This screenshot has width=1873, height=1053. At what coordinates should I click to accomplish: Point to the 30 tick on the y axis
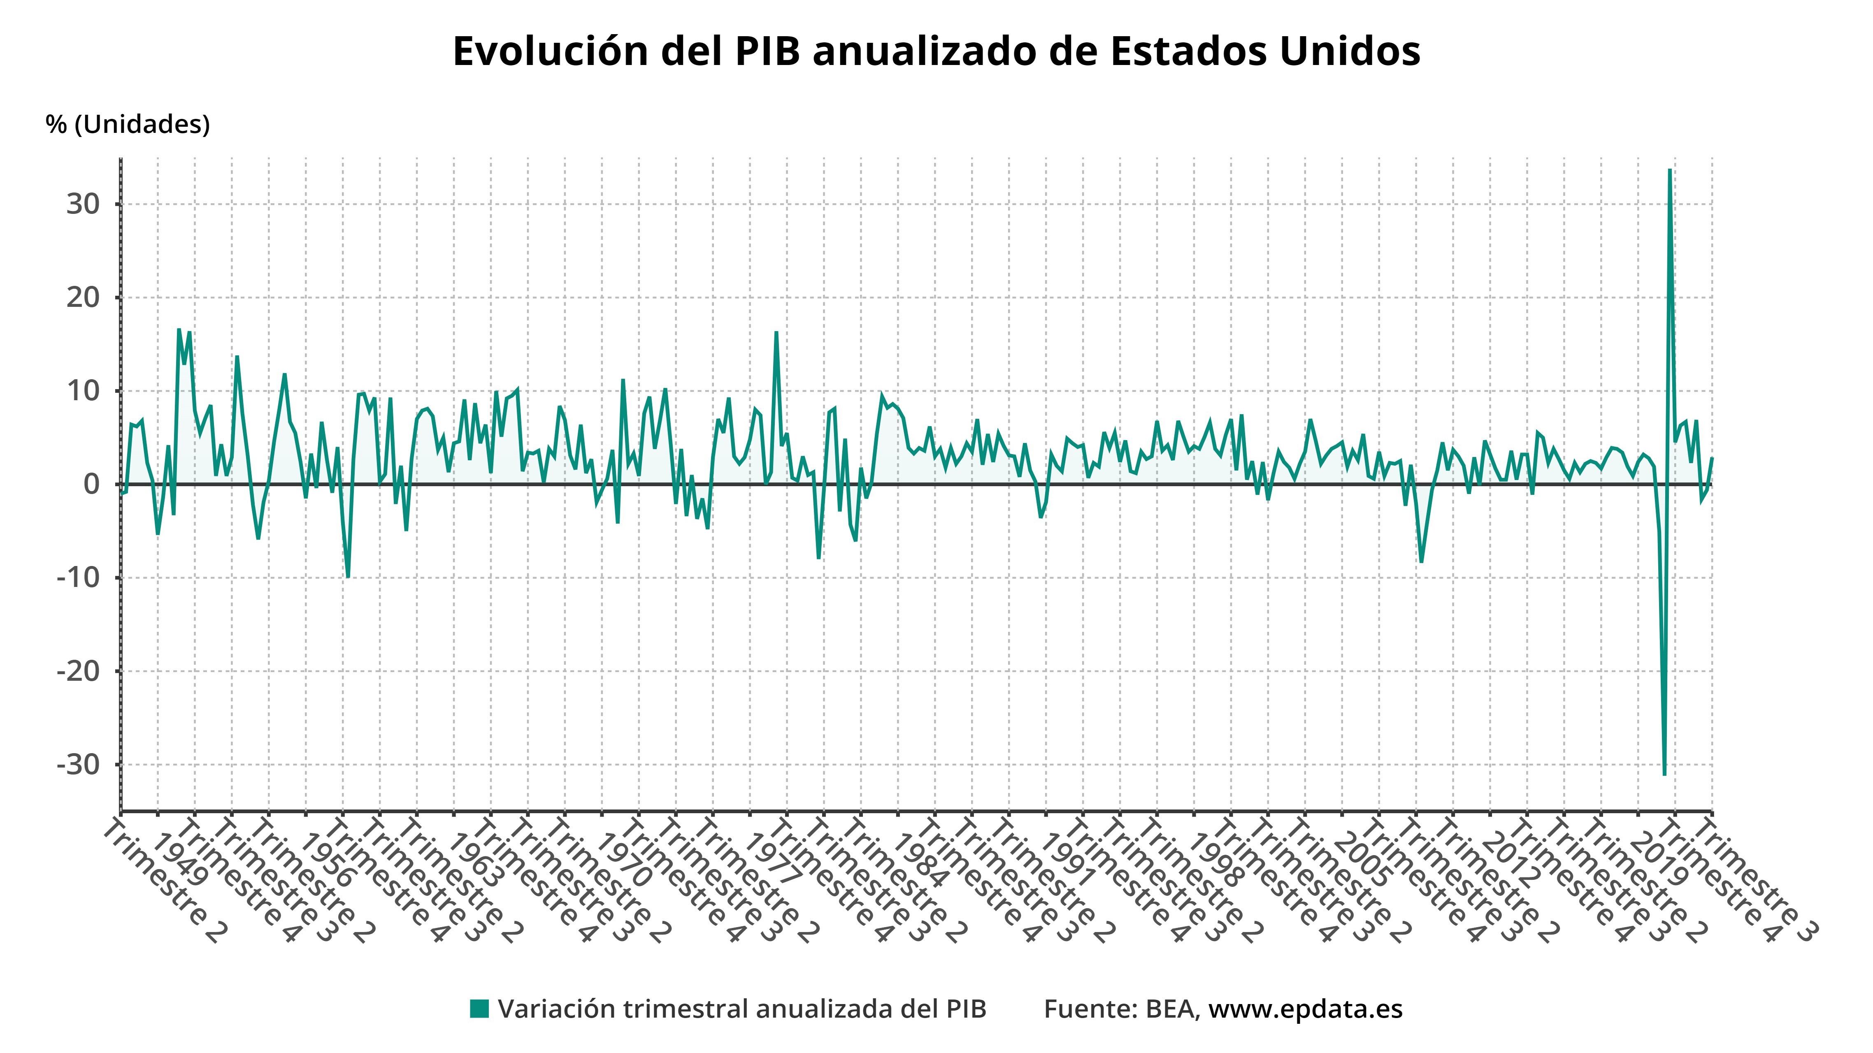83,204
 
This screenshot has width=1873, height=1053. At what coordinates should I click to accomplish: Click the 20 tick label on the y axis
83,297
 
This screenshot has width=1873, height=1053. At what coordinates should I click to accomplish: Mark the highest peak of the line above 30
1669,170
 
